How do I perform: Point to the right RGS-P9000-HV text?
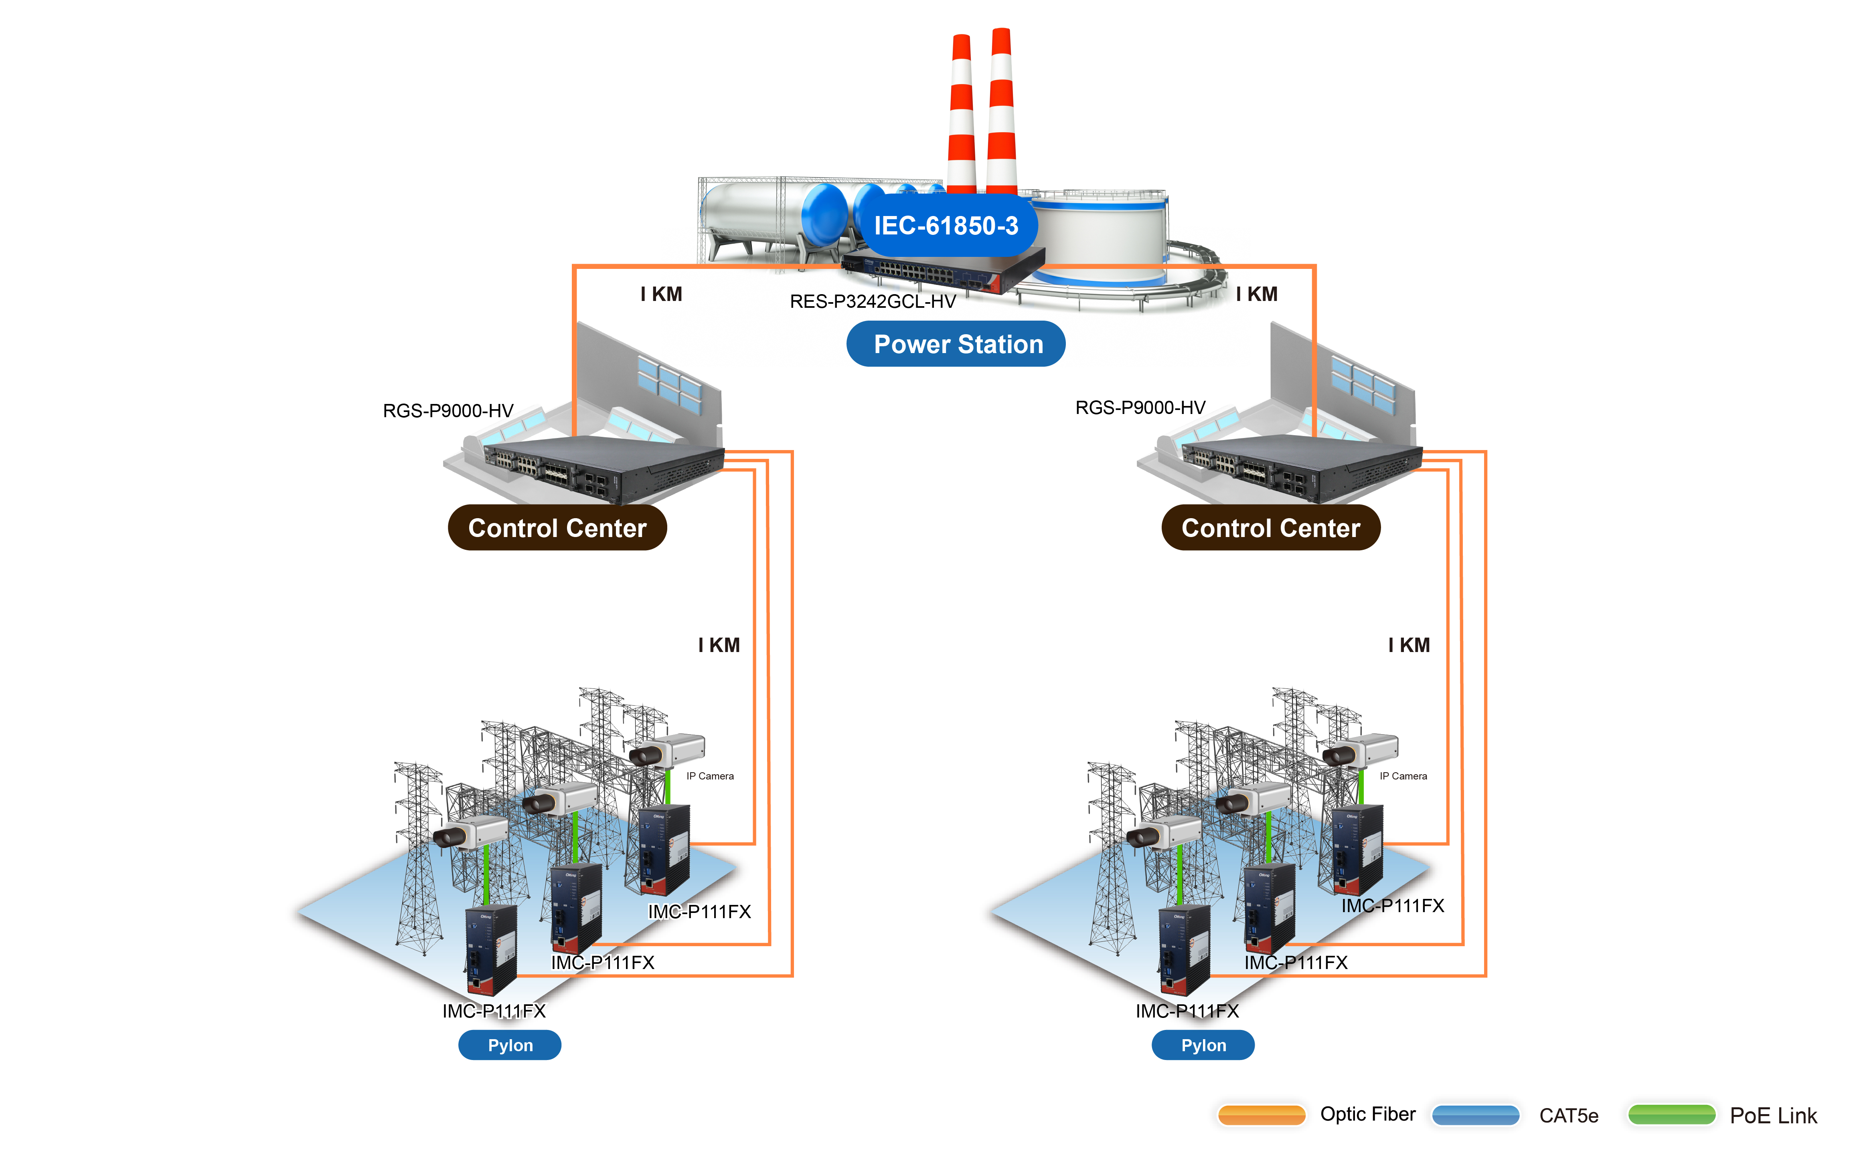(1140, 407)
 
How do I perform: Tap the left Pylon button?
(510, 1045)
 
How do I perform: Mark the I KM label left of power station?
(661, 294)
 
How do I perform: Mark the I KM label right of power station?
(1256, 294)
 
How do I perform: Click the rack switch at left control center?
(601, 466)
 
